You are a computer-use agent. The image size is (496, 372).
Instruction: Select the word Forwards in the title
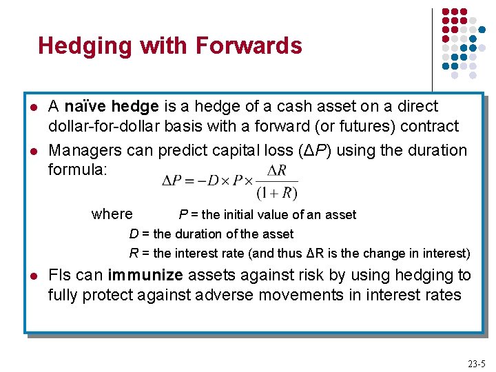coord(249,46)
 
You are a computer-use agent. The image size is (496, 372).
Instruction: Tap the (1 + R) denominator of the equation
coord(277,192)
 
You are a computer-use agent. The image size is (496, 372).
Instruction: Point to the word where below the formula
coord(112,214)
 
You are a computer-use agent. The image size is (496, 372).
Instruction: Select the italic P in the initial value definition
coord(183,215)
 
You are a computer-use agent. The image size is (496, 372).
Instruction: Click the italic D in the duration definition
coord(134,234)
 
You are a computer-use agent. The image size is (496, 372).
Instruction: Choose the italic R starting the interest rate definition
coord(134,253)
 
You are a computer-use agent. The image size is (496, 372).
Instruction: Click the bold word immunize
coord(145,276)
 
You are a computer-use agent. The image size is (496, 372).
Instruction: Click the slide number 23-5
coord(476,364)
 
